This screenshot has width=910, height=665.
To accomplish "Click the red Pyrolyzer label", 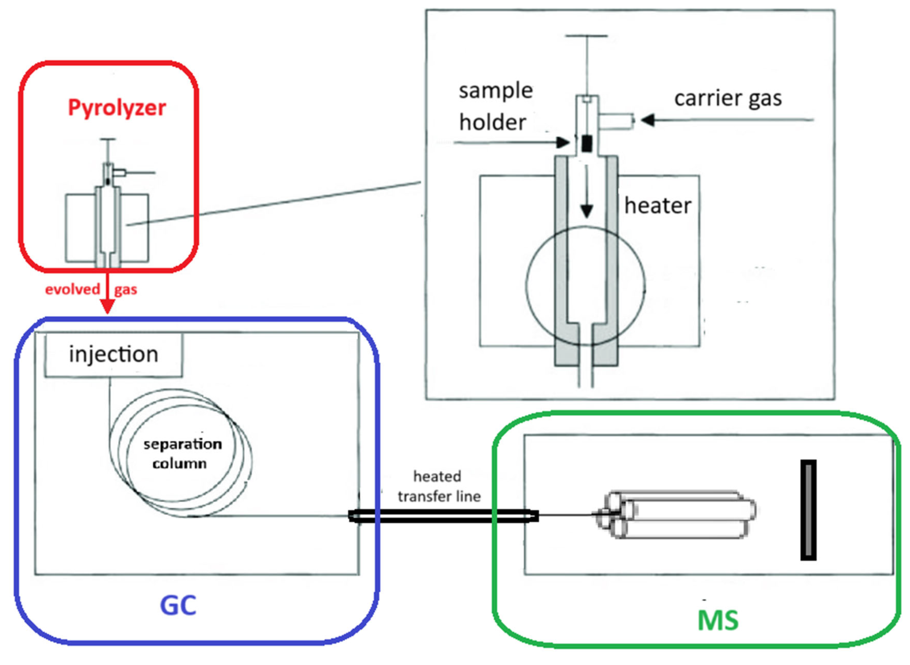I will click(117, 108).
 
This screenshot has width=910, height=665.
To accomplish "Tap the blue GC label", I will click(178, 605).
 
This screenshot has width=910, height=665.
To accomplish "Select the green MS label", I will click(718, 620).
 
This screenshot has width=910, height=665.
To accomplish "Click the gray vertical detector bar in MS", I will click(808, 510).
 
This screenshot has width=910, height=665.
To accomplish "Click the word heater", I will click(657, 206).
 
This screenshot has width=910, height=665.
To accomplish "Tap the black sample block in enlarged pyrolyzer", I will click(587, 144).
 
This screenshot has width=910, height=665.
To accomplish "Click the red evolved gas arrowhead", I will click(107, 307).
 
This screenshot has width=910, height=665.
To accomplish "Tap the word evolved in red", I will click(72, 289).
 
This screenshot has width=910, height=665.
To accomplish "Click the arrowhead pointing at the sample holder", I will click(563, 142).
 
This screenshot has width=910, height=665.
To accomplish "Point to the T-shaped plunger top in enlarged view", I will click(586, 36).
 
